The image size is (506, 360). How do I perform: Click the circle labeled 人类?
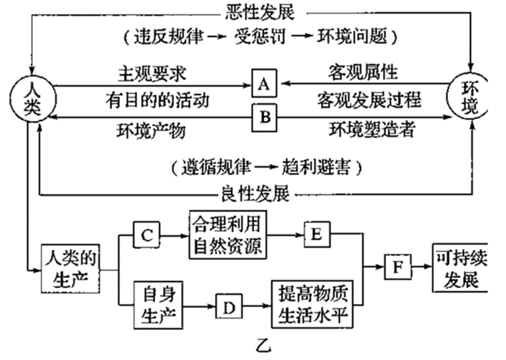pyautogui.click(x=30, y=98)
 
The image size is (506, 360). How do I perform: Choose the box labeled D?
pyautogui.click(x=230, y=307)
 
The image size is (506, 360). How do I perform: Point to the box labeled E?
pyautogui.click(x=316, y=235)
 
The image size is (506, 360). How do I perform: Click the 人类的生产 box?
pyautogui.click(x=70, y=268)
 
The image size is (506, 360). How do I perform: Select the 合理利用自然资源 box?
pyautogui.click(x=226, y=234)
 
